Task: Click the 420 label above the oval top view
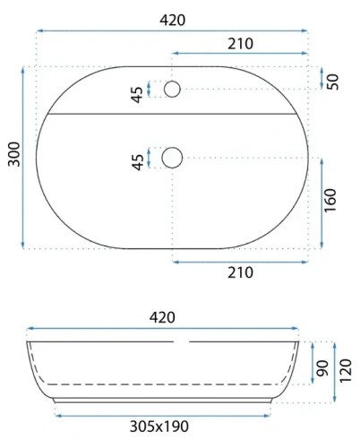point(172,20)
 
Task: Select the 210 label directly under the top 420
point(240,43)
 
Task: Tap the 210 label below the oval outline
point(239,275)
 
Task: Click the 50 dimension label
point(333,80)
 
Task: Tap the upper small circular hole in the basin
point(172,89)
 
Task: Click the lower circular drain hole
point(172,158)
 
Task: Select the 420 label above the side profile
point(162,317)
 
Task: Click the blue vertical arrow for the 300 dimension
point(21,158)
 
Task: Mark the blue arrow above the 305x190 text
point(162,414)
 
